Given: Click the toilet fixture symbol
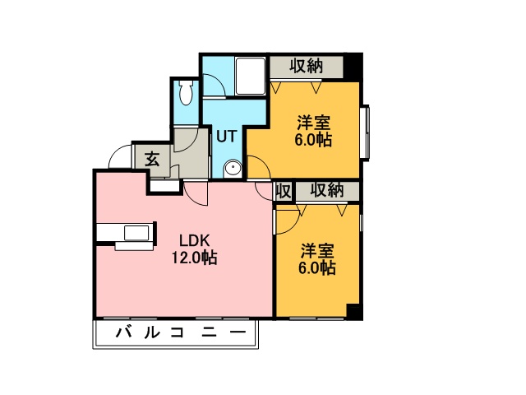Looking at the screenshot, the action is [185, 92].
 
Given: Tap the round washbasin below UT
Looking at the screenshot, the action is [232, 169].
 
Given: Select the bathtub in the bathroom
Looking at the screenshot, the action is [250, 77].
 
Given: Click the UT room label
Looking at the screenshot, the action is [227, 137].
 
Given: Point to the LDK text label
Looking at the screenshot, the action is [195, 241].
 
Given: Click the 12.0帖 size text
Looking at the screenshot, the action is [195, 258].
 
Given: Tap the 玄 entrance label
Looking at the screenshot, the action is [152, 159].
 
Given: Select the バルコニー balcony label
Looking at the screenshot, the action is [181, 332].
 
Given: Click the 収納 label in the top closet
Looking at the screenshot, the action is [307, 66].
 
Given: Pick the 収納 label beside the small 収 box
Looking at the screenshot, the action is [327, 190].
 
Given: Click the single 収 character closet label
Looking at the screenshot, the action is [283, 191].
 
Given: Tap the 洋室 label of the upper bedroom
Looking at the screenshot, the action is [314, 123].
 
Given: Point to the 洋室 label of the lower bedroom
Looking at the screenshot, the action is [317, 251].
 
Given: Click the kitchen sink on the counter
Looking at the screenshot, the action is [136, 233].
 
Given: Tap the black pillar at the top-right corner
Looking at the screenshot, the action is [353, 67].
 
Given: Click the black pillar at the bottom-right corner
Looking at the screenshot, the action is [354, 311].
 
